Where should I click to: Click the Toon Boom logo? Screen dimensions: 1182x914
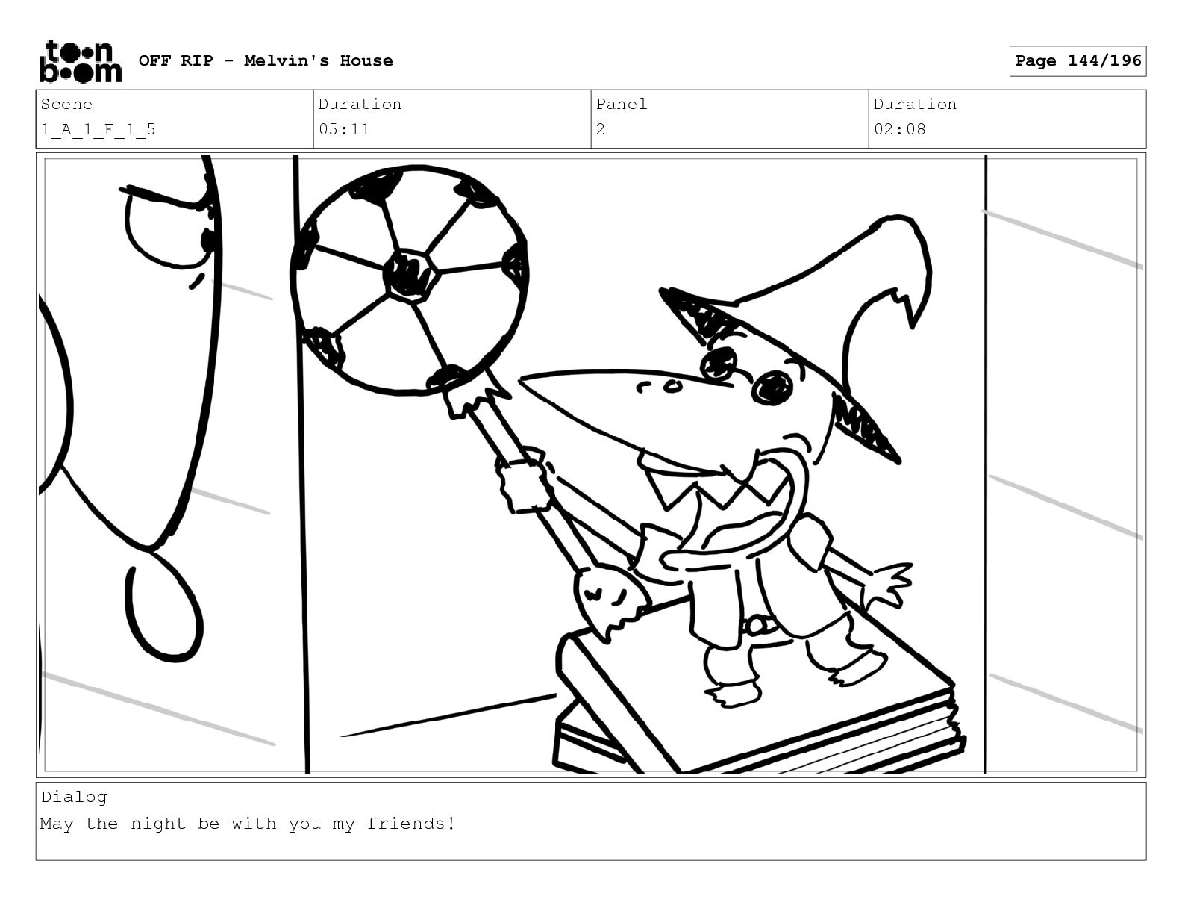coord(81,61)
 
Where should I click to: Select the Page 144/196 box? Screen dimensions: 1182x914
coord(1078,61)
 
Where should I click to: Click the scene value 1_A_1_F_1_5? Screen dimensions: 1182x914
coord(98,130)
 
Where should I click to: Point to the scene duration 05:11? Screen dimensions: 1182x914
coord(344,130)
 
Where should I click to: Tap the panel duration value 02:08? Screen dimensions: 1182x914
coord(900,130)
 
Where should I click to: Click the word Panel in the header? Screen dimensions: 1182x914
coord(622,104)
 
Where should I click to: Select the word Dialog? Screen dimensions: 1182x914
coord(74,797)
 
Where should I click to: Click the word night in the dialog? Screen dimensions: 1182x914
coord(158,824)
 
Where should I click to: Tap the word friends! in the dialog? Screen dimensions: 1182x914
coord(411,824)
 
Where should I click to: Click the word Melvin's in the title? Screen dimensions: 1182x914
coord(287,60)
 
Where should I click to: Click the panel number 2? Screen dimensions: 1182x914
coord(601,130)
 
